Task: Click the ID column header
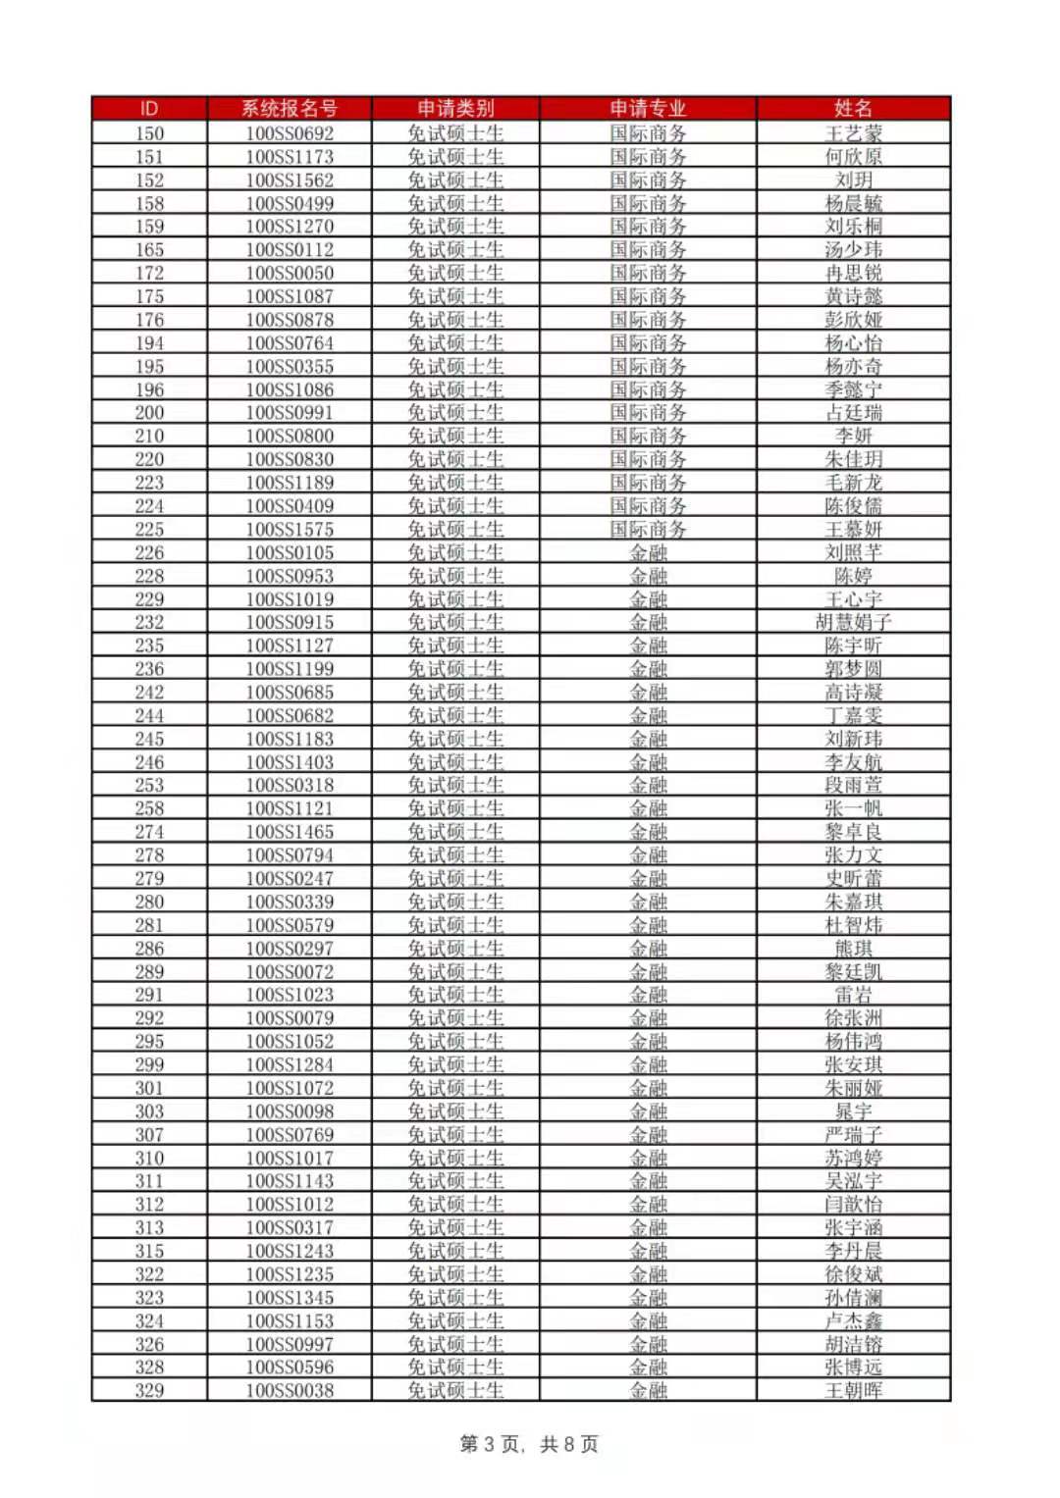click(149, 109)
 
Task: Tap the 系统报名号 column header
click(290, 109)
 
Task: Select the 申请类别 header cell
click(455, 109)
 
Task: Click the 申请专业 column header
click(648, 109)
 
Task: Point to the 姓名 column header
click(853, 109)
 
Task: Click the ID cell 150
click(149, 133)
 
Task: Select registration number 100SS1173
click(290, 157)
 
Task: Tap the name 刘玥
click(853, 181)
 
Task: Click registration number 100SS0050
click(290, 274)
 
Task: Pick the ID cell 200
click(149, 413)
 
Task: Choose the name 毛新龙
click(853, 483)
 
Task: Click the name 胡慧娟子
click(853, 622)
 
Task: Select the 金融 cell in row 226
click(648, 552)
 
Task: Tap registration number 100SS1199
click(290, 669)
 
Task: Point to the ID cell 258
click(149, 808)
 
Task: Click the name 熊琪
click(853, 949)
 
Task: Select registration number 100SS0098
click(290, 1111)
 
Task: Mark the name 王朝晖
click(853, 1390)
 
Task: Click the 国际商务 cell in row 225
click(648, 530)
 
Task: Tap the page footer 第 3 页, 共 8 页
click(529, 1444)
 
